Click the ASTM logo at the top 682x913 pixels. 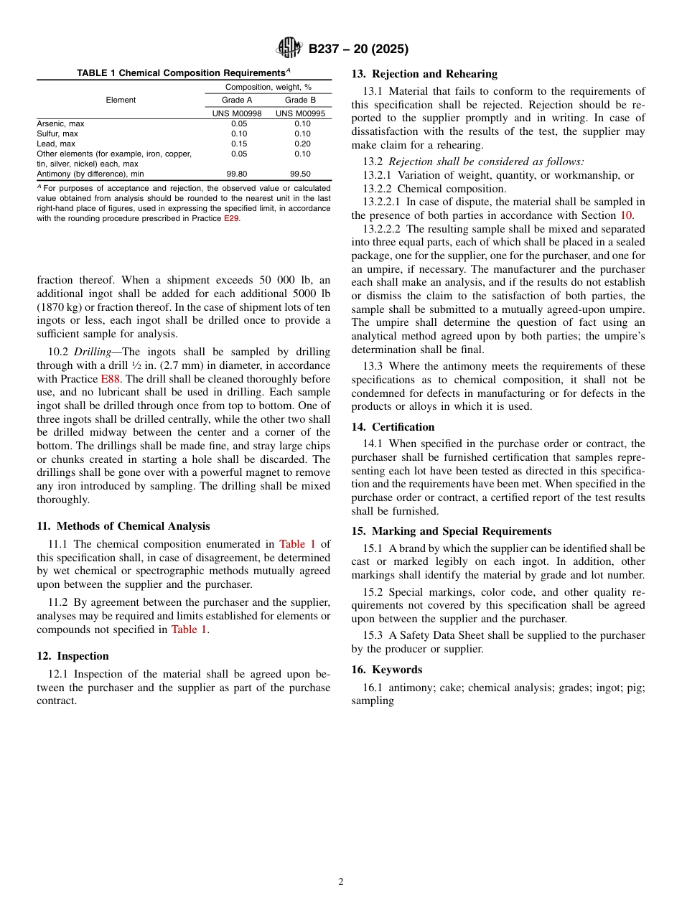pyautogui.click(x=290, y=48)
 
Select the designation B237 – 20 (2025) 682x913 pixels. pyautogui.click(x=358, y=49)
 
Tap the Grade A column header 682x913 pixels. pyautogui.click(x=237, y=100)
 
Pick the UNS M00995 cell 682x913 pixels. pyautogui.click(x=300, y=113)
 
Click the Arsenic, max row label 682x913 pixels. pyautogui.click(x=60, y=123)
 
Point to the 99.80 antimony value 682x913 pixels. pyautogui.click(x=237, y=174)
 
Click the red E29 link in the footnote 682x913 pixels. pyautogui.click(x=231, y=218)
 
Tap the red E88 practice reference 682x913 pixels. pyautogui.click(x=110, y=379)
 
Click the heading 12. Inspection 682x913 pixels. pyautogui.click(x=73, y=656)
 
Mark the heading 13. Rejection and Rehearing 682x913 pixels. pyautogui.click(x=424, y=74)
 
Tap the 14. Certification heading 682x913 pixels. pyautogui.click(x=393, y=427)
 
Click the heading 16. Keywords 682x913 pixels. pyautogui.click(x=386, y=670)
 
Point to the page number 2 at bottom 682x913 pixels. pyautogui.click(x=341, y=882)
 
